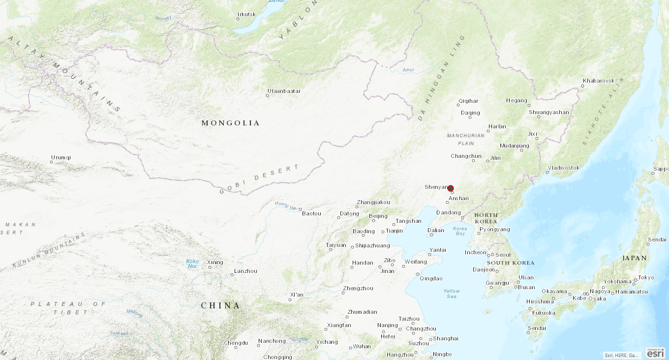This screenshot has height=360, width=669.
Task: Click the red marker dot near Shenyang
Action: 451,188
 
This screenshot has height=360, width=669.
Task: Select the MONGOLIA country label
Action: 230,123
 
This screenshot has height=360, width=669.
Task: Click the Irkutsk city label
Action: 246,14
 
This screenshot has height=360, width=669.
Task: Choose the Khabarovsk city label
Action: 599,81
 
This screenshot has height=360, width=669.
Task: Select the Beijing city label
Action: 378,216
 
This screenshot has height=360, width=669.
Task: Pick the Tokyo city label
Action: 646,277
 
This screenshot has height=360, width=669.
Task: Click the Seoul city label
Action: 503,255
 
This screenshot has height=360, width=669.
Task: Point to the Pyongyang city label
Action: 495,229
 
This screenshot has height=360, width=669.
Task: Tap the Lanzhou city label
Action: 245,271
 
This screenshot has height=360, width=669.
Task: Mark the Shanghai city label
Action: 446,338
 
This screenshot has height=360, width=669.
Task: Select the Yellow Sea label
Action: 452,294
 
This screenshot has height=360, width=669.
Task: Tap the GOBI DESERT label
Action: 259,180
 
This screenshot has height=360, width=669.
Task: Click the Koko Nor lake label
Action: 192,264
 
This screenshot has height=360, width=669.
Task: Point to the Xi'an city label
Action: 297,295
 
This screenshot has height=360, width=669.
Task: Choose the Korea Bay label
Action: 460,231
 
